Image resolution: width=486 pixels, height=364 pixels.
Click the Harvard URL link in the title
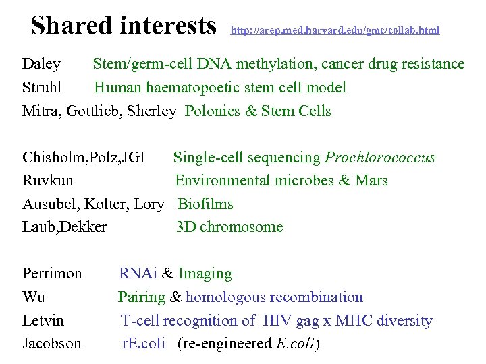click(335, 30)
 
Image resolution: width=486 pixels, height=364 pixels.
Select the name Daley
click(41, 65)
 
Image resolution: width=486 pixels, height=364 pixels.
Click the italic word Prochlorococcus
click(380, 158)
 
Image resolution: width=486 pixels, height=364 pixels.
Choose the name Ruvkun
click(48, 181)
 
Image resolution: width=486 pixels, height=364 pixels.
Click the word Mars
click(373, 181)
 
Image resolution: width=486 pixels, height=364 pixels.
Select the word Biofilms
click(205, 204)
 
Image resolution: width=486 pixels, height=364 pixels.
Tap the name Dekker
click(86, 227)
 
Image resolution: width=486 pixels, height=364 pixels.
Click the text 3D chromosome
click(230, 227)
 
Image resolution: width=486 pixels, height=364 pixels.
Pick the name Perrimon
click(52, 274)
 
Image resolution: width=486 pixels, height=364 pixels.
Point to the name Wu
click(34, 297)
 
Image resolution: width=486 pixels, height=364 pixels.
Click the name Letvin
click(43, 320)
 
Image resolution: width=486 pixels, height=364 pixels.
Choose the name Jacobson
click(52, 344)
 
